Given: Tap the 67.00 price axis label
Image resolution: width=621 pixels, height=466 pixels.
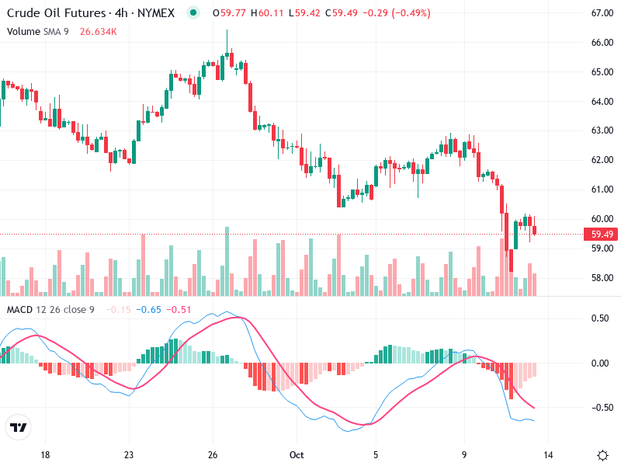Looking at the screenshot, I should coord(603,13).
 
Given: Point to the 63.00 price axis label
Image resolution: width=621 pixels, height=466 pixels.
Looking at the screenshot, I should coord(603,130).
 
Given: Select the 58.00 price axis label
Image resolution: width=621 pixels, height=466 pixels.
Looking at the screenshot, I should coord(603,278).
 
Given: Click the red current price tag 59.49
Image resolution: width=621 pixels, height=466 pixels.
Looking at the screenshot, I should coord(602,234).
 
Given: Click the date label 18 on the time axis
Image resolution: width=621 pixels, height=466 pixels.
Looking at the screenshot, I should coord(45,455).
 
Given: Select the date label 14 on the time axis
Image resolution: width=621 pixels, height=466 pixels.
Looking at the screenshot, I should coord(548,455).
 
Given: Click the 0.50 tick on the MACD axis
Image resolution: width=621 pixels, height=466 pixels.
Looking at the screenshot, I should coord(600,318).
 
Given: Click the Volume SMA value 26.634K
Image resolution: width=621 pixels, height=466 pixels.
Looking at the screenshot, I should coord(99,31).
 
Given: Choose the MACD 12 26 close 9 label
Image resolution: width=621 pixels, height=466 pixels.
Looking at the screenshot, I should coord(50,310).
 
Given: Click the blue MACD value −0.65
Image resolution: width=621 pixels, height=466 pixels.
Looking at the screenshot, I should coord(148,310).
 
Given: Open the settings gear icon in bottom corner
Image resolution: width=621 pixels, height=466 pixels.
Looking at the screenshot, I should coord(602,455).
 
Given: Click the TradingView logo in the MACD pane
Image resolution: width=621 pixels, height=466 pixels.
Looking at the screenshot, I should coord(19,428).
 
